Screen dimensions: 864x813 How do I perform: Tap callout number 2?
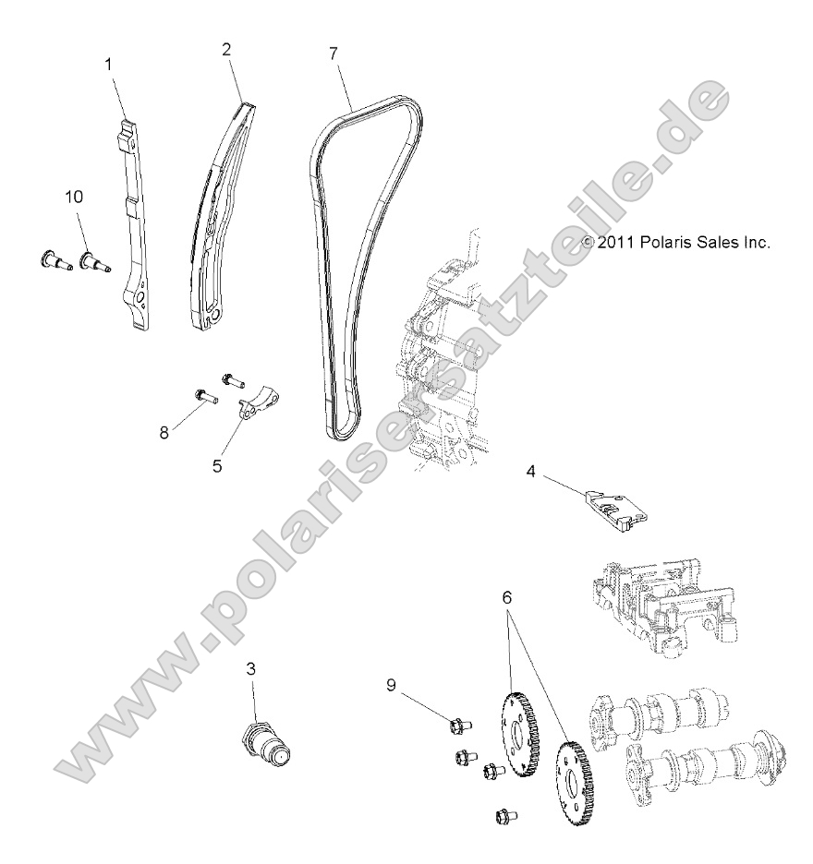pyautogui.click(x=226, y=50)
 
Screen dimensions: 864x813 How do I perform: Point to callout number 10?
pyautogui.click(x=73, y=197)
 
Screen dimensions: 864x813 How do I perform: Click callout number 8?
pyautogui.click(x=164, y=432)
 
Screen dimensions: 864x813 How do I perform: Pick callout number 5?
pyautogui.click(x=217, y=466)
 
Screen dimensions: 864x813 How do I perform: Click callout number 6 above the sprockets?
pyautogui.click(x=506, y=596)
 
